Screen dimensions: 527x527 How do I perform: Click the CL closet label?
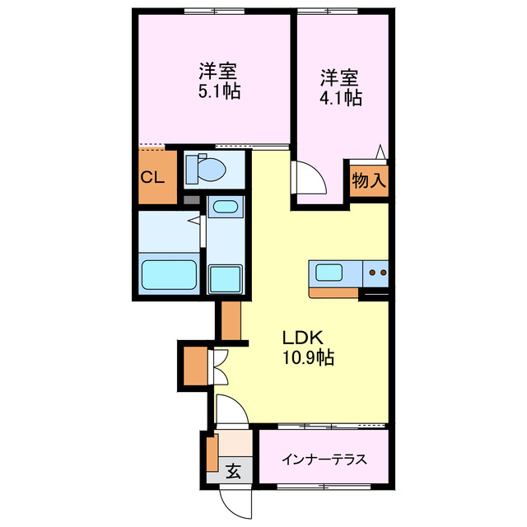152,178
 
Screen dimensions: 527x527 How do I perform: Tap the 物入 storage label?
368,180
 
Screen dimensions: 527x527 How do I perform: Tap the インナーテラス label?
324,459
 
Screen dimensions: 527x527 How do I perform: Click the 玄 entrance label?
234,472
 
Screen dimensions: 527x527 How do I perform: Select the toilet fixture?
206,170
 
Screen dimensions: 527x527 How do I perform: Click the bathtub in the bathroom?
169,274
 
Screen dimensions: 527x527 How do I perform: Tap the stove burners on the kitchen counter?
378,272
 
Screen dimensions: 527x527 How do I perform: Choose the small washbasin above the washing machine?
224,207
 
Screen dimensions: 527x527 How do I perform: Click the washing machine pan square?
224,278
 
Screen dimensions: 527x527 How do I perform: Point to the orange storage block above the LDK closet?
230,321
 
